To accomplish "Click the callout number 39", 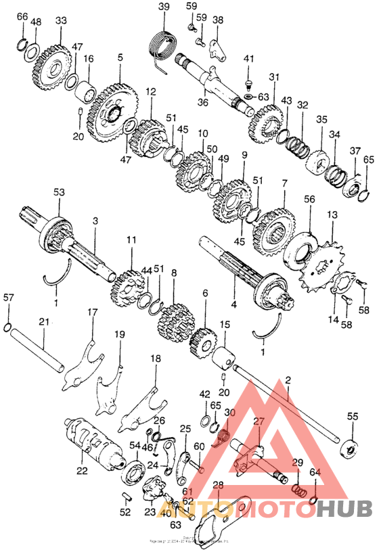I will [164, 7].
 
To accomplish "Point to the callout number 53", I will [60, 193].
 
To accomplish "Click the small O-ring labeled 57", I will [8, 329].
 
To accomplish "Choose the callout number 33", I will [61, 21].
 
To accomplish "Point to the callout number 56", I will [309, 199].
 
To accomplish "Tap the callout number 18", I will [156, 359].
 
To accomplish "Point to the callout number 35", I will [321, 119].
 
